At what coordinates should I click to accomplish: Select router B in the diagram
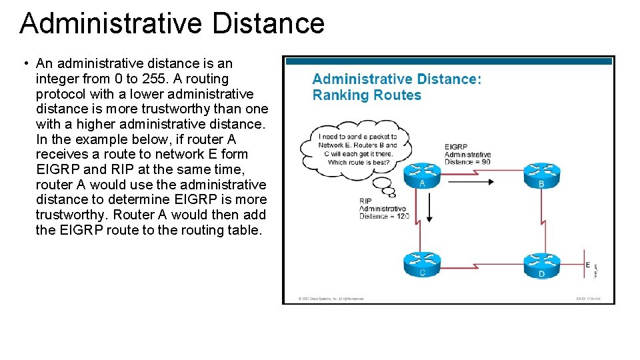pos(541,175)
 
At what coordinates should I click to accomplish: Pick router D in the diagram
pos(541,266)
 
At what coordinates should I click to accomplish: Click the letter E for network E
pos(587,265)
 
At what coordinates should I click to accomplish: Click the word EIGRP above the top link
pos(457,147)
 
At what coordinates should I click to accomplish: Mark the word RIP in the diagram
pos(365,201)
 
